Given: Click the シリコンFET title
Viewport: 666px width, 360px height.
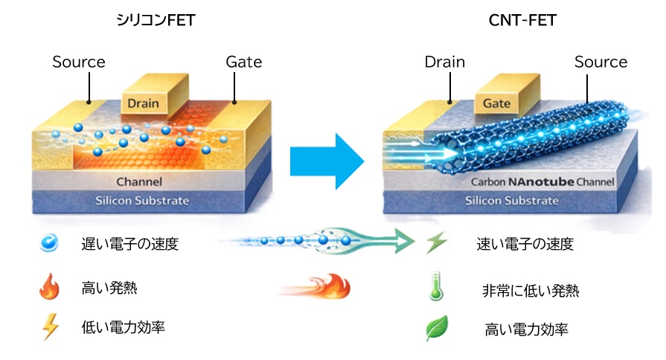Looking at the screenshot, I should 156,21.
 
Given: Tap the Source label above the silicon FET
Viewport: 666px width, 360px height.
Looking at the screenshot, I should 79,62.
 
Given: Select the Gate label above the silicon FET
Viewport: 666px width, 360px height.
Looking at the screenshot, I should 244,62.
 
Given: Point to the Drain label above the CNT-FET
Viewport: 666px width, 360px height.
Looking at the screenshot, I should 445,62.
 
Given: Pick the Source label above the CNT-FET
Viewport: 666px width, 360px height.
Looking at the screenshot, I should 601,62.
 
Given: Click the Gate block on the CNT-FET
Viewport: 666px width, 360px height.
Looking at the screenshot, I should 496,103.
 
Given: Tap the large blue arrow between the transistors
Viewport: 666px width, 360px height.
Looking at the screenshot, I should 326,160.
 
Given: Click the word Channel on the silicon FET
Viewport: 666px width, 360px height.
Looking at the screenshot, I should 140,181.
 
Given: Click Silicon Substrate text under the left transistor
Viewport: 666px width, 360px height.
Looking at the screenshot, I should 142,200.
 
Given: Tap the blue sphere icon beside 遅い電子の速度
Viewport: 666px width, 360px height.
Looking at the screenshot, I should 51,243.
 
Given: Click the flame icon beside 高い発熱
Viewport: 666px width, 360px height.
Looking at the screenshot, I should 49,287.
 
